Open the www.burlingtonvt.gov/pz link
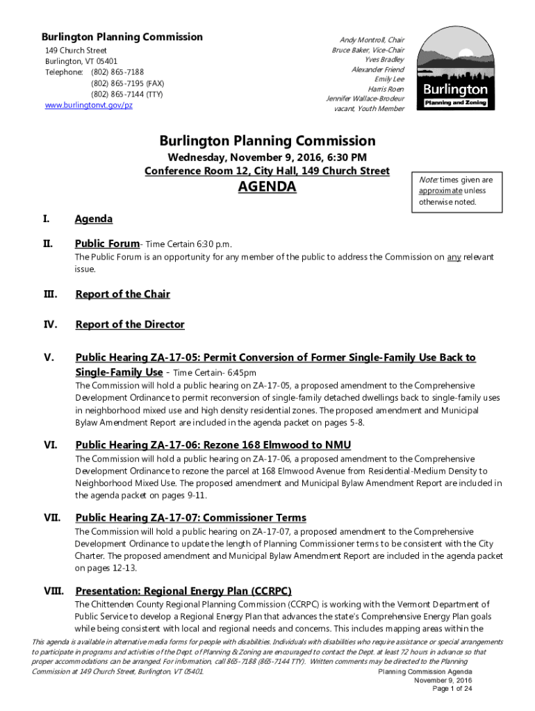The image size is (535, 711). [88, 105]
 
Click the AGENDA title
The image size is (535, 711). [267, 187]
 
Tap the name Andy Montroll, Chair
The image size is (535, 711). [372, 40]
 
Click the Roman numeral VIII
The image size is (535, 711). [53, 591]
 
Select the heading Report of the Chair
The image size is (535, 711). [122, 294]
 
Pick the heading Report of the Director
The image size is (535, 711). [130, 325]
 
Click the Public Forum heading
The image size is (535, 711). [107, 244]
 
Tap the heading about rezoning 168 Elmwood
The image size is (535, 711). [213, 445]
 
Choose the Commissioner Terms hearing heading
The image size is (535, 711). [190, 518]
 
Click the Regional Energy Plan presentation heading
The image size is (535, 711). [183, 592]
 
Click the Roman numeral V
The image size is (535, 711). [49, 358]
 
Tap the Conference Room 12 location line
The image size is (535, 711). [267, 171]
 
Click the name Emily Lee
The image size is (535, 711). [389, 79]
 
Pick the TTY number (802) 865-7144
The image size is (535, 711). [127, 94]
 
